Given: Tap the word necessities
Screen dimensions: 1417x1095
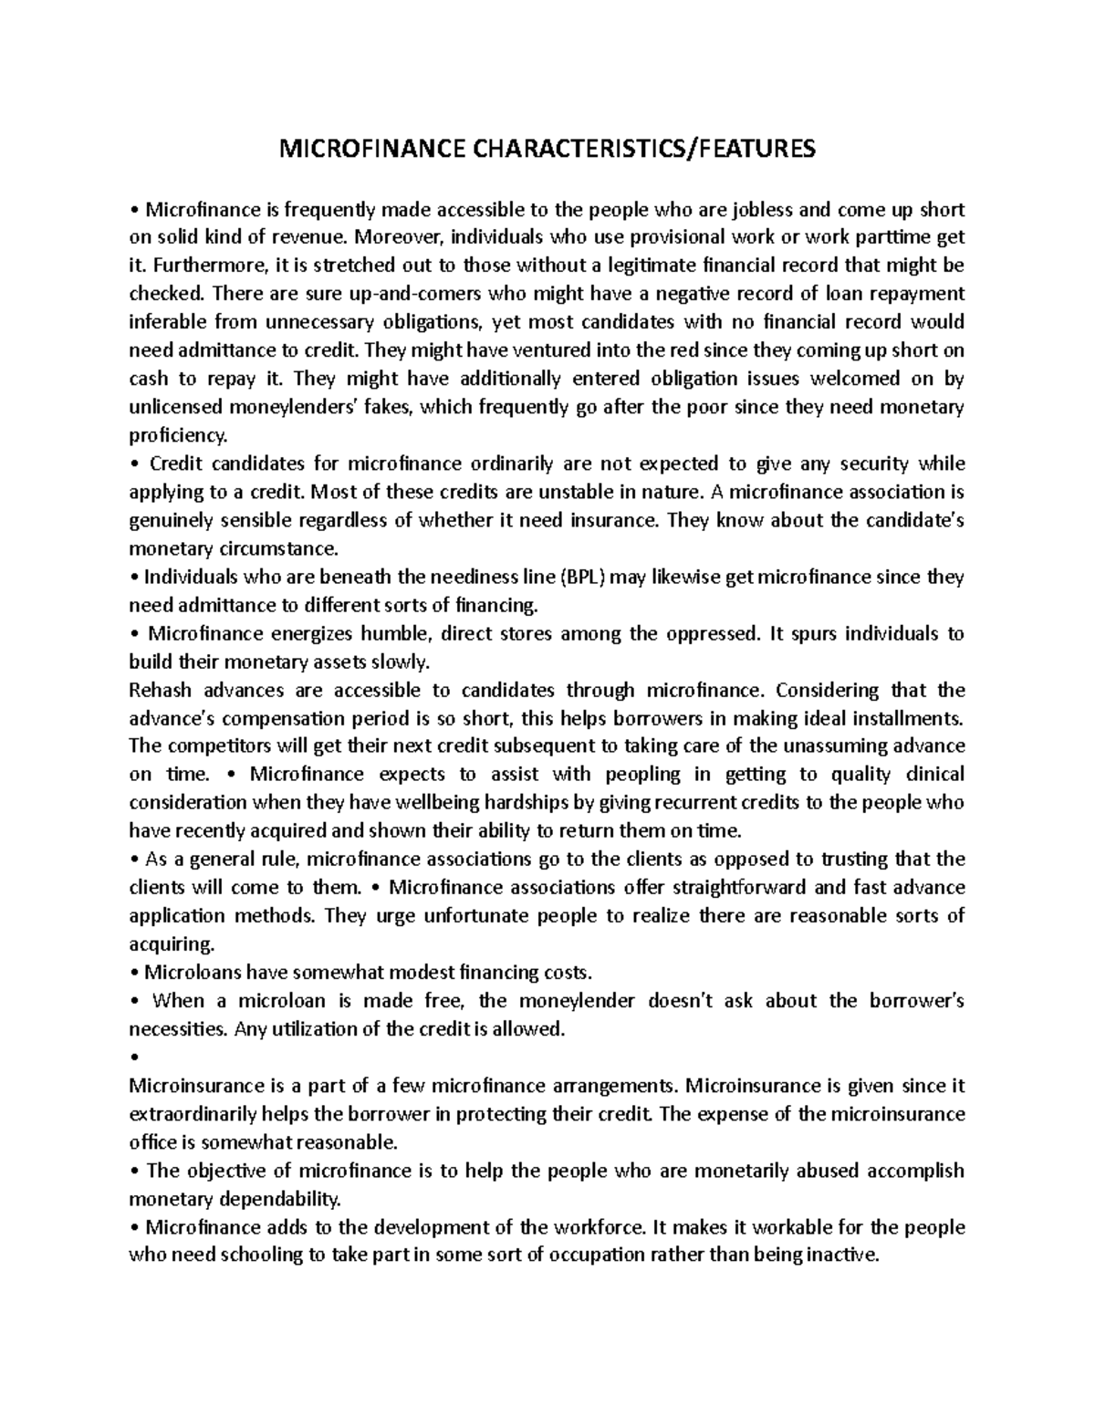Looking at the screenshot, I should [x=177, y=1029].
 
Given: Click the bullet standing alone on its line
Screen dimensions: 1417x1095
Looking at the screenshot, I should [x=134, y=1058].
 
